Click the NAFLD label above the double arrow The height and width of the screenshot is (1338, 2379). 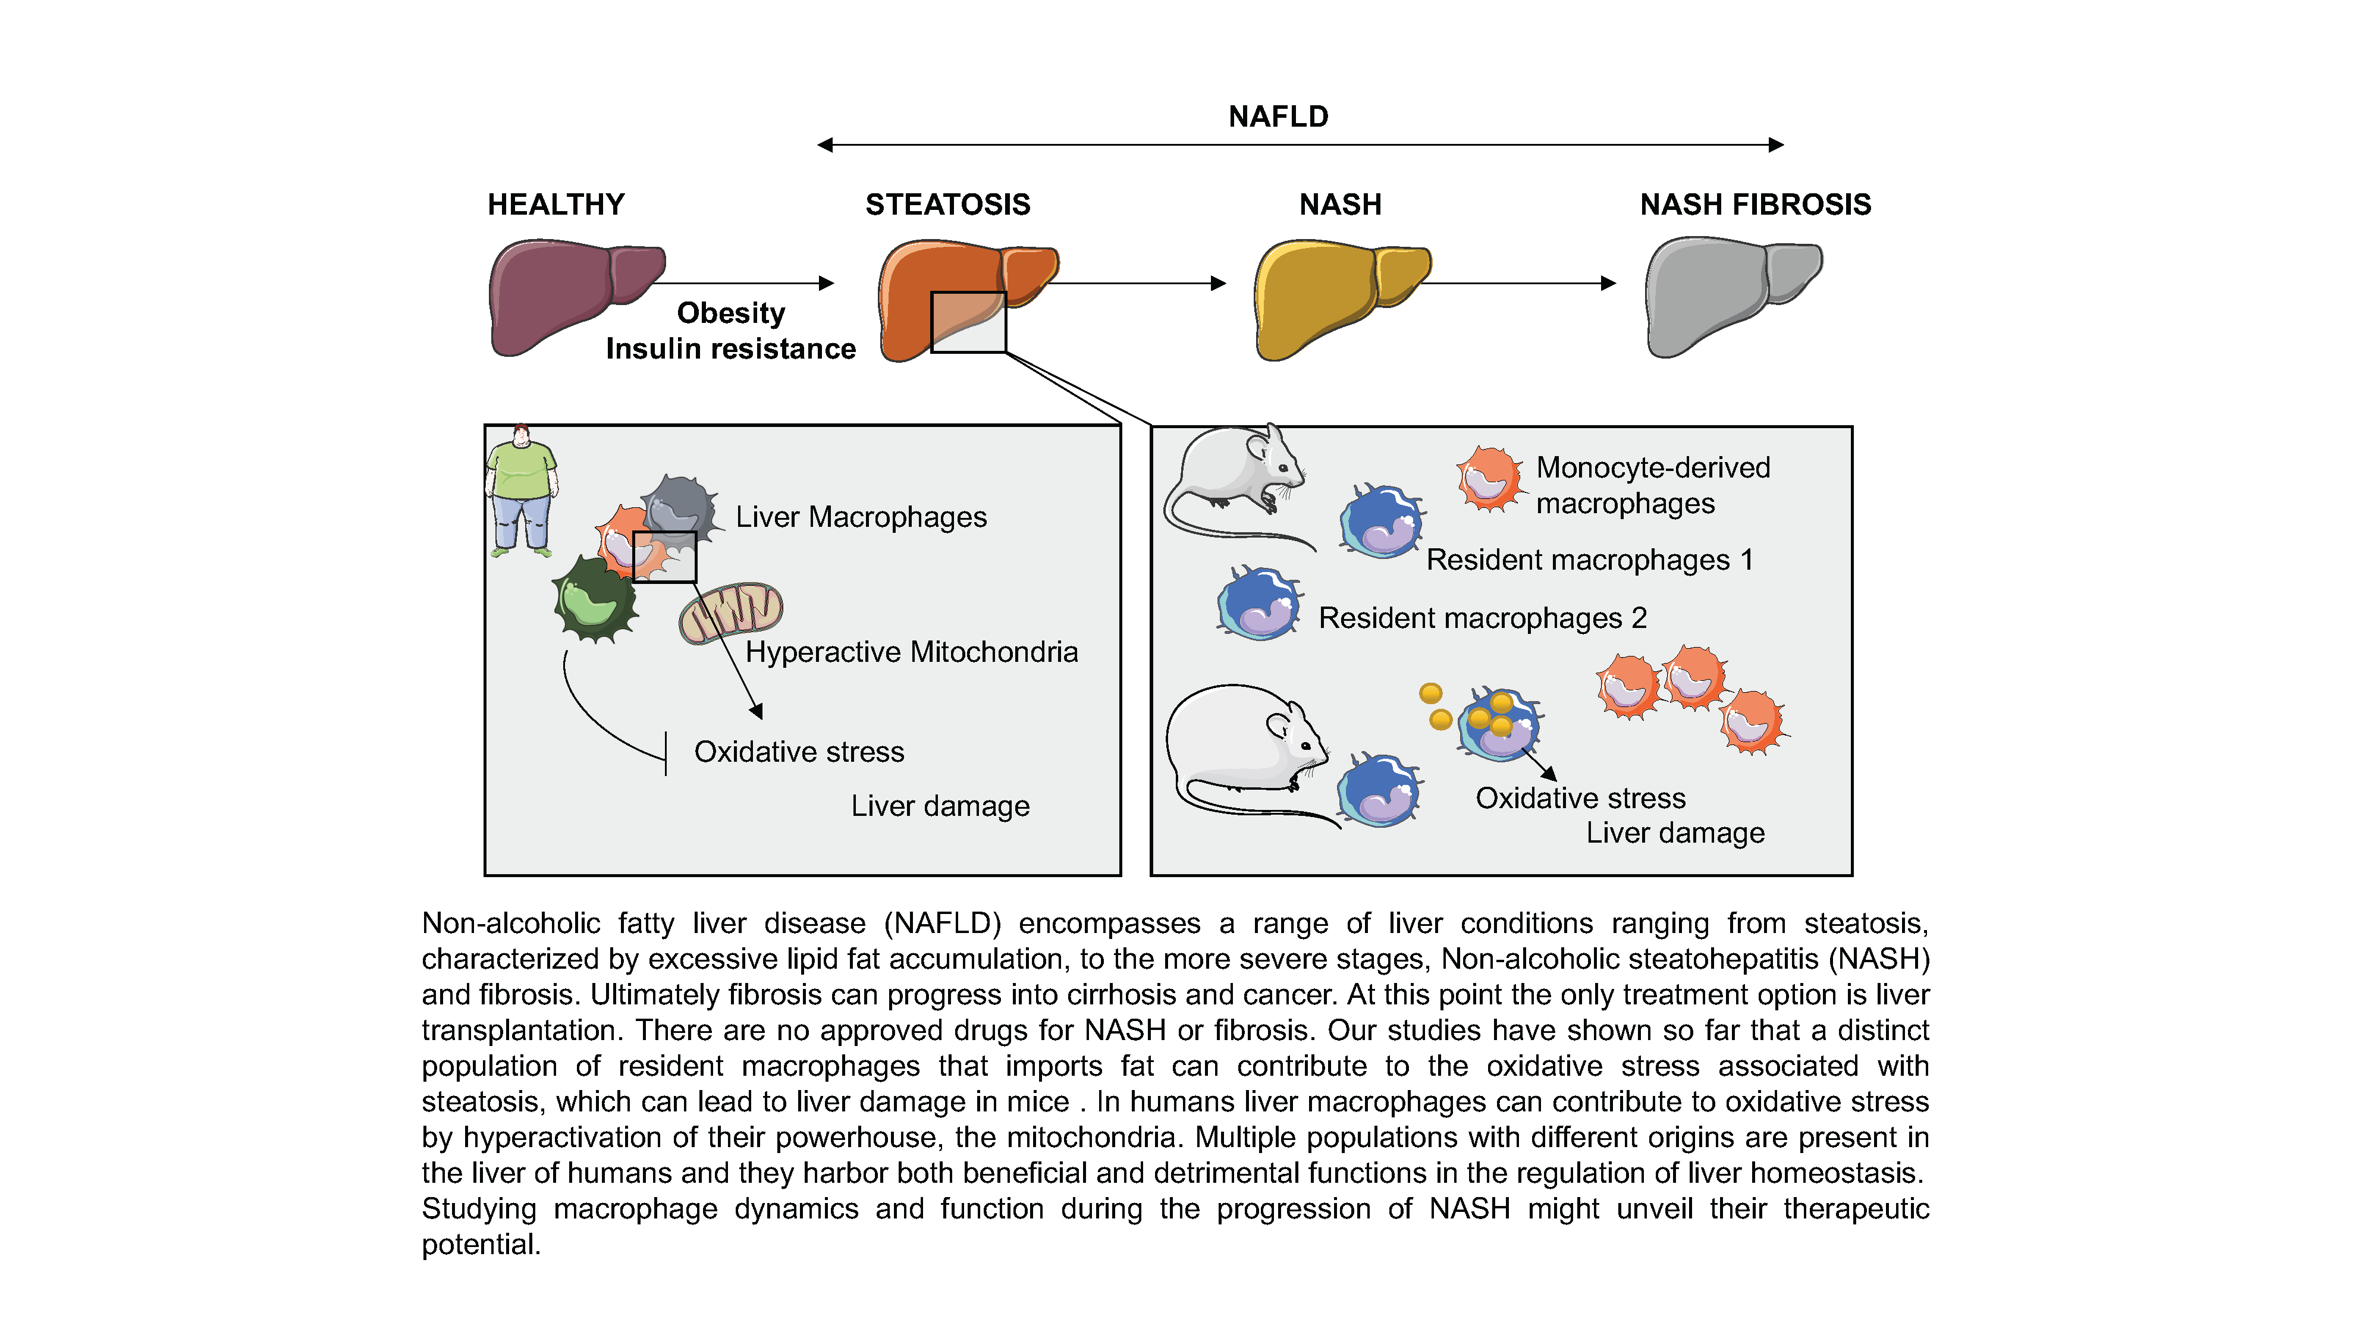[1278, 117]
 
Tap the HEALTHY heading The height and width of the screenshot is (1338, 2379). [556, 204]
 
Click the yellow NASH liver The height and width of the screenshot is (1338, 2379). [1330, 296]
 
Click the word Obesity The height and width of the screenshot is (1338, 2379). [730, 313]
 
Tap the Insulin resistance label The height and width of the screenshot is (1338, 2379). [730, 349]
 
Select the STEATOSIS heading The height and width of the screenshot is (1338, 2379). [947, 204]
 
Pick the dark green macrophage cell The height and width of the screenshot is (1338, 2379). [594, 600]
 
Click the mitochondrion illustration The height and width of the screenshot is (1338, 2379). [730, 611]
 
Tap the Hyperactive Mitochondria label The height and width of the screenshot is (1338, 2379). [912, 652]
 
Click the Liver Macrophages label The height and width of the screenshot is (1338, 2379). [861, 517]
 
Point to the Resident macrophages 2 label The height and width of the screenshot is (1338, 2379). [1482, 618]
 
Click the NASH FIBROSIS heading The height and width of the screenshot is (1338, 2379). [1755, 204]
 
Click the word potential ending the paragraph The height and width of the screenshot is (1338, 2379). [479, 1245]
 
